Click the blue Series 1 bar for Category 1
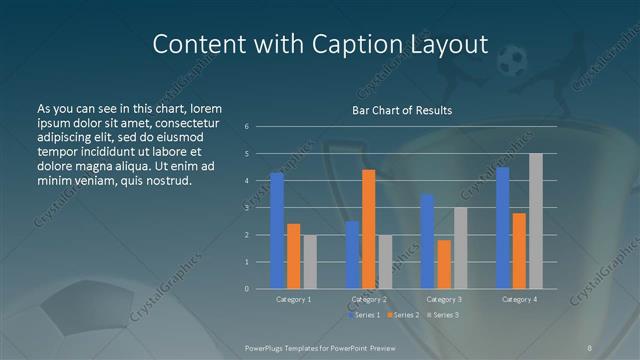click(277, 231)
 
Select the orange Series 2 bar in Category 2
click(368, 229)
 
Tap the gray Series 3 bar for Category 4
click(536, 221)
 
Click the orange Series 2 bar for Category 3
click(444, 264)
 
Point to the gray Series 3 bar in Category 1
click(310, 262)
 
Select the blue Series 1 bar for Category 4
click(503, 228)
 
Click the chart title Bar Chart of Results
click(401, 110)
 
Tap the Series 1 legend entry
click(363, 315)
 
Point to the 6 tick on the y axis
click(247, 126)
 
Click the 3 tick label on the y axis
click(247, 208)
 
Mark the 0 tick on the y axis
click(247, 289)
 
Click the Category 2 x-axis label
click(368, 299)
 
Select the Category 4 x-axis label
click(519, 299)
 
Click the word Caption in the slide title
click(342, 44)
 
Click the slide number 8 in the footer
click(590, 347)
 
